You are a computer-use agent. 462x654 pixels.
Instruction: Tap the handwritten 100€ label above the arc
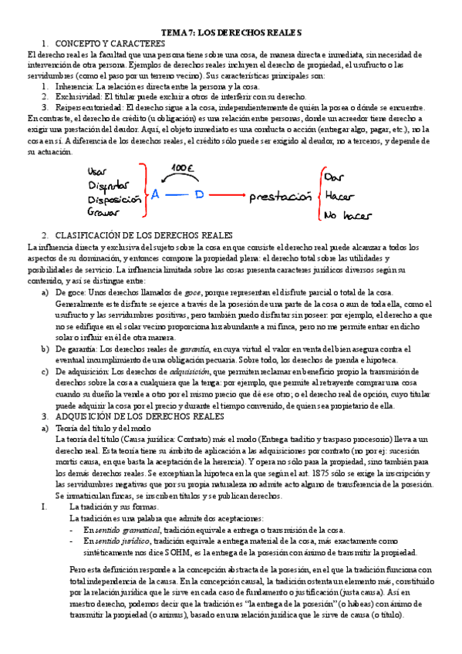click(x=182, y=167)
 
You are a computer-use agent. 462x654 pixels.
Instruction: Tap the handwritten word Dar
click(x=335, y=177)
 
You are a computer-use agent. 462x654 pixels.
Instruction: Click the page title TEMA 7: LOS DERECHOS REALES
click(x=231, y=33)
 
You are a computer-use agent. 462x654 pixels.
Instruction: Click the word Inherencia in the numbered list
click(x=76, y=87)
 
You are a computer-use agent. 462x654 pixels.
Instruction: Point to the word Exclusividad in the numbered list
click(x=80, y=97)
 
